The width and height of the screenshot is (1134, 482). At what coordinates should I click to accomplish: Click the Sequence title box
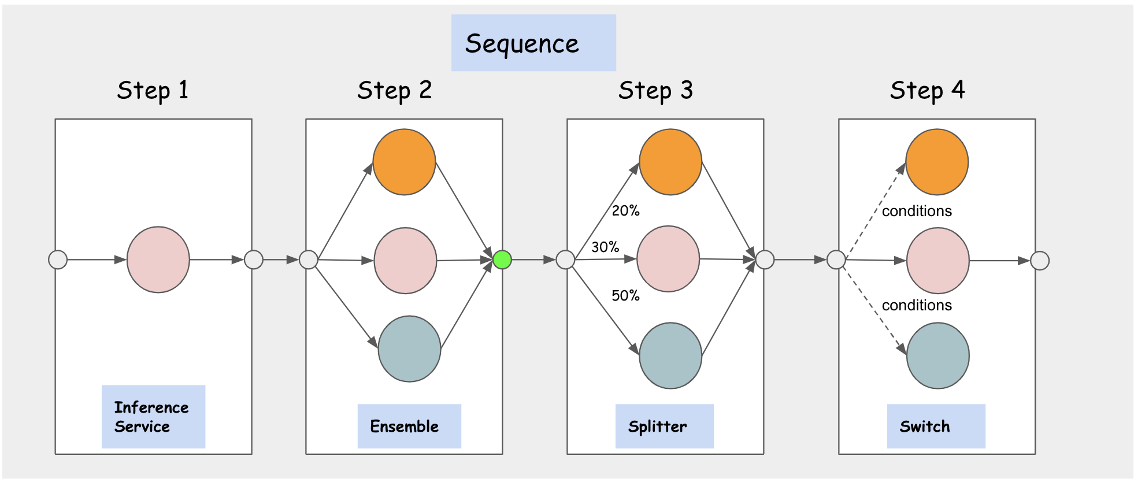click(x=533, y=43)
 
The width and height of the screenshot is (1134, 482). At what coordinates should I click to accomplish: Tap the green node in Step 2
click(x=502, y=260)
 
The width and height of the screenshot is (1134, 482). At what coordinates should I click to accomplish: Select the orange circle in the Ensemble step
click(x=404, y=162)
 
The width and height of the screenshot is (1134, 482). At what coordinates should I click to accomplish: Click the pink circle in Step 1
click(x=158, y=260)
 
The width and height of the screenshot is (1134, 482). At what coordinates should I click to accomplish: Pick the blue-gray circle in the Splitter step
click(x=670, y=355)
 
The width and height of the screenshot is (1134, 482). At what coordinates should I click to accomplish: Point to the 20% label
click(x=625, y=211)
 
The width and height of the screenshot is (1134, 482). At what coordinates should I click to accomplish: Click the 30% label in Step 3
click(x=605, y=247)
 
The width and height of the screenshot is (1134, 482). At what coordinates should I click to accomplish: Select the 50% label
click(x=625, y=296)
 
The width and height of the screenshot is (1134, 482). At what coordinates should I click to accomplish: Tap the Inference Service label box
click(x=153, y=417)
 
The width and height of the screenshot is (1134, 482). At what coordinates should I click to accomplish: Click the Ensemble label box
click(x=409, y=427)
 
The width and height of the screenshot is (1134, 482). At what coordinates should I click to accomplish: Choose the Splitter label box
click(x=664, y=427)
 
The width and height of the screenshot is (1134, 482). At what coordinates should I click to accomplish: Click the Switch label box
click(x=936, y=427)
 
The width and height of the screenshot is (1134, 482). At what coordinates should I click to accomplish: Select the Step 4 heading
click(x=927, y=90)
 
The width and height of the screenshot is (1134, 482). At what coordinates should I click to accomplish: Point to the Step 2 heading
click(x=394, y=90)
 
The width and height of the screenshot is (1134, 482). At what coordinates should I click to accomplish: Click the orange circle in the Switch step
click(x=937, y=162)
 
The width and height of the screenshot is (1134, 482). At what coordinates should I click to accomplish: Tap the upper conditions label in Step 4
click(x=917, y=211)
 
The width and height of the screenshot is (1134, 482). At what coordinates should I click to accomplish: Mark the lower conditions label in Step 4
click(x=917, y=305)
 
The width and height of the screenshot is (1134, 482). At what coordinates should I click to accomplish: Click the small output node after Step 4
click(x=1040, y=261)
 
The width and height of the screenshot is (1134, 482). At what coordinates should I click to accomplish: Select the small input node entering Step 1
click(x=58, y=260)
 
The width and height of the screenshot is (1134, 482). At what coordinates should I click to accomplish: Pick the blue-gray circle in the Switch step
click(x=937, y=355)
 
